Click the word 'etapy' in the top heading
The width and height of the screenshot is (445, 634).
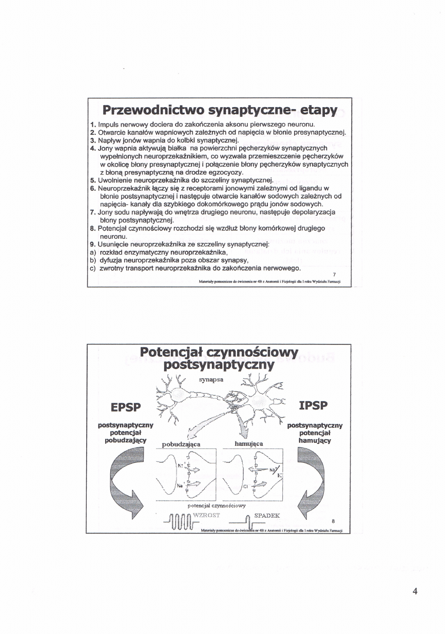[x=312, y=110]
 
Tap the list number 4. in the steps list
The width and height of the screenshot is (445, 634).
[x=92, y=148]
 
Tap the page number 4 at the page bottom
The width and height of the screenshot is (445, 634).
[x=415, y=591]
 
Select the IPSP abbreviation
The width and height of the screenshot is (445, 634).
[x=315, y=406]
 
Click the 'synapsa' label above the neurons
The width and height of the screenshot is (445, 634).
[x=209, y=380]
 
